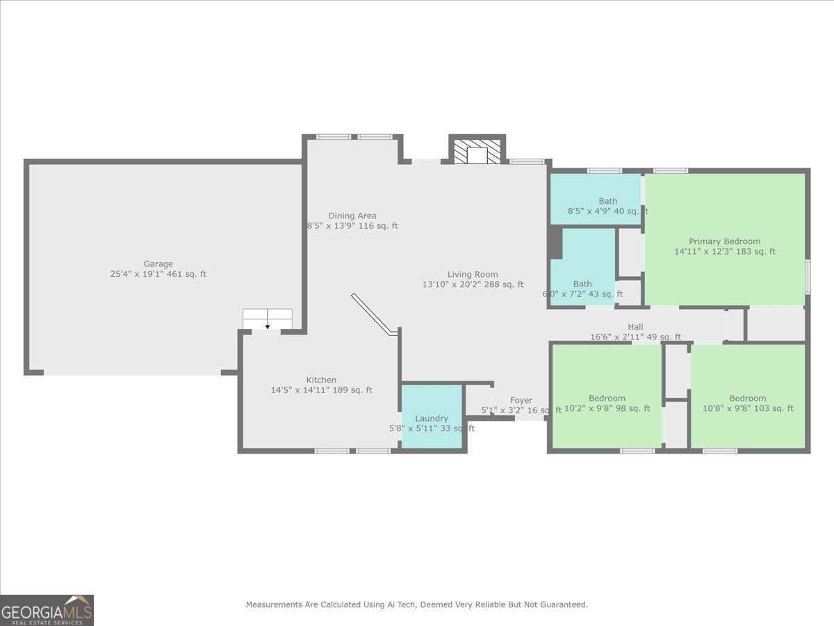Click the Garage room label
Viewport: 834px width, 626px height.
coord(158,264)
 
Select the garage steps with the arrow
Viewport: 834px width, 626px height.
coord(268,319)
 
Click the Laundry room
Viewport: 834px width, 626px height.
coord(432,417)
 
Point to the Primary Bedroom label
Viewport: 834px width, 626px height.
coord(724,241)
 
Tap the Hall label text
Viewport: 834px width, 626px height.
coord(635,327)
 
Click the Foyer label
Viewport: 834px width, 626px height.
coord(521,400)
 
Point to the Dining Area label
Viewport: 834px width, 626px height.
coord(352,216)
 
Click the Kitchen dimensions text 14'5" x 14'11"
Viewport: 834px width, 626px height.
coord(321,390)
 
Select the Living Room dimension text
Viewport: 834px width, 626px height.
coord(473,284)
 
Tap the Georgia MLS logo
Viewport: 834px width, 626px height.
coord(47,610)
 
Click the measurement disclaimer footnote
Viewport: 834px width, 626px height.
coord(416,604)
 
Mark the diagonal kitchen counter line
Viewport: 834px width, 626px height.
coord(374,314)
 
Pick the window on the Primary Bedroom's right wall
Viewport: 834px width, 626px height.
coord(808,276)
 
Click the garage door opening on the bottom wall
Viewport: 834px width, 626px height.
coord(132,373)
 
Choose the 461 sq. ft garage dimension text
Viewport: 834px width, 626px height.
coord(158,274)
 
